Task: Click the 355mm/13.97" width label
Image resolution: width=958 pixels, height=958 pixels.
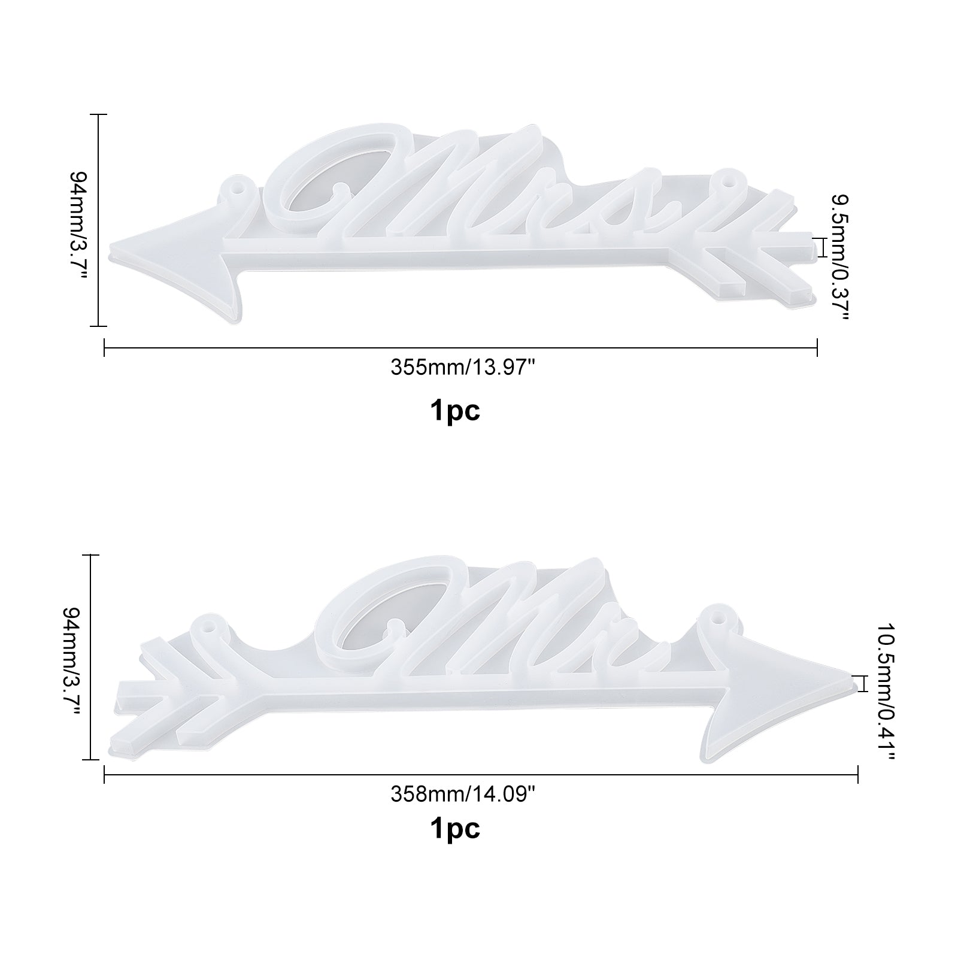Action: pos(462,367)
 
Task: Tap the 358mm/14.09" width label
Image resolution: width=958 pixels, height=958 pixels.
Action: pos(462,794)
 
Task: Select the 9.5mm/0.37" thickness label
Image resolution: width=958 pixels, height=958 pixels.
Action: pos(839,257)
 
